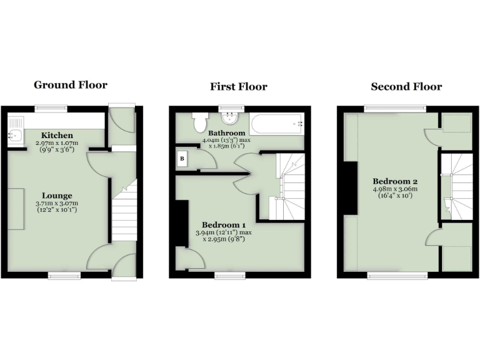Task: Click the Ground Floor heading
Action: coord(70,85)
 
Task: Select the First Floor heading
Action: coord(238,86)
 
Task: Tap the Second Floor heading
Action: coord(406,86)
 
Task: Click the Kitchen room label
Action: coord(57,135)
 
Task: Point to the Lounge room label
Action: coord(57,195)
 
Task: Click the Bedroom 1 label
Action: coord(223,225)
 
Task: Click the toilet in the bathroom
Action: coord(201,121)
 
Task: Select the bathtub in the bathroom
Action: coord(276,124)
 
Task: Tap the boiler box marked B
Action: coord(182,159)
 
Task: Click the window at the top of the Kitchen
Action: coord(51,108)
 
